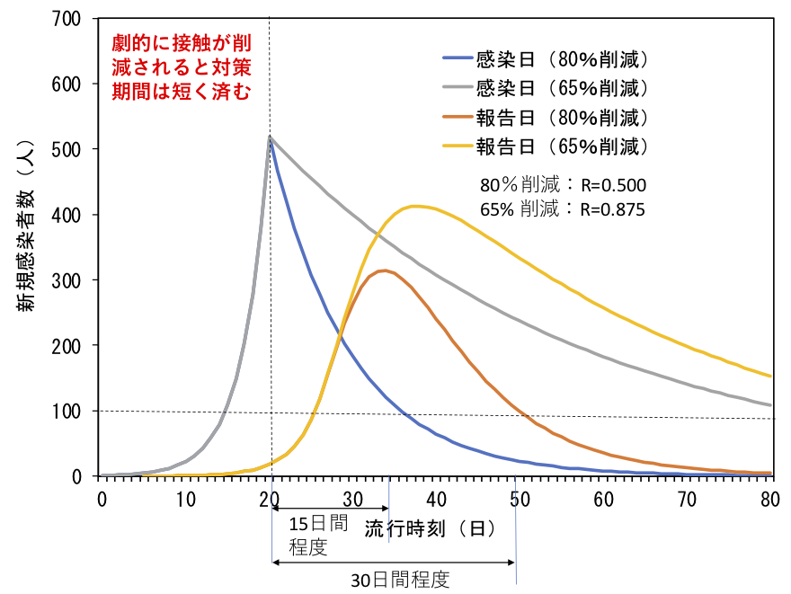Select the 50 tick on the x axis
pyautogui.click(x=520, y=498)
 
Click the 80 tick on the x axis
pyautogui.click(x=770, y=498)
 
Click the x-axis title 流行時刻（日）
pyautogui.click(x=430, y=528)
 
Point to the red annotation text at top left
pyautogui.click(x=181, y=66)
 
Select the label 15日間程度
pyautogui.click(x=314, y=535)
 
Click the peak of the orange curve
pyautogui.click(x=385, y=270)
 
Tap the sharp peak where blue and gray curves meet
pyautogui.click(x=270, y=137)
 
